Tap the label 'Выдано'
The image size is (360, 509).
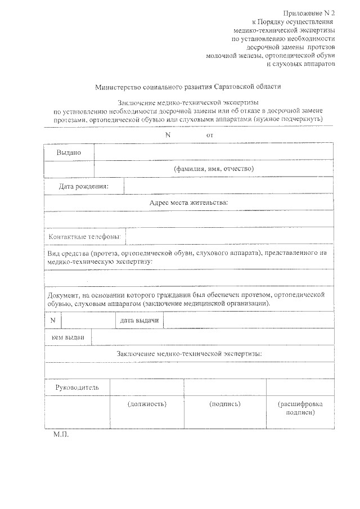69,152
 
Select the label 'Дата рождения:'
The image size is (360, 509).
84,186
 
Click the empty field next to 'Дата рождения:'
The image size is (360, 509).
228,186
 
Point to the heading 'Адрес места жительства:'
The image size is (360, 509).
188,202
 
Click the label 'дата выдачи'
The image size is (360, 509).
139,321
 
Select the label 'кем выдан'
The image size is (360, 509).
67,337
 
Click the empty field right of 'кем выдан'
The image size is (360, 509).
211,337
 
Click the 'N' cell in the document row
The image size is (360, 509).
53,321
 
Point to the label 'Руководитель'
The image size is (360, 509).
77,388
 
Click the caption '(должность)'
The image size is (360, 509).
147,404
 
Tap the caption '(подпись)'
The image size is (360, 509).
225,404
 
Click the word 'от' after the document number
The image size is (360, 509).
210,136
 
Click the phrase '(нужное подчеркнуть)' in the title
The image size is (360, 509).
287,120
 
